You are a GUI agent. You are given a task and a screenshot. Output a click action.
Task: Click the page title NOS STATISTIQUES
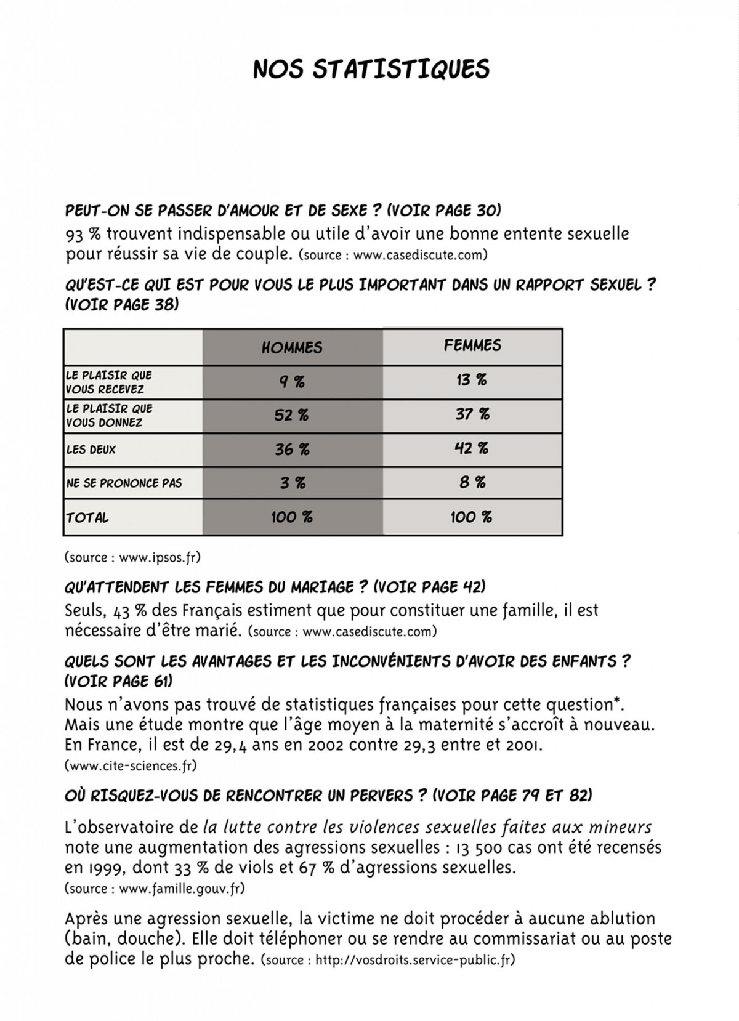click(x=371, y=69)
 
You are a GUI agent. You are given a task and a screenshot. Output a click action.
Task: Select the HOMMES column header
click(x=292, y=347)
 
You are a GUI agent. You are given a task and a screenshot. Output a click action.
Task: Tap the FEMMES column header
click(x=472, y=345)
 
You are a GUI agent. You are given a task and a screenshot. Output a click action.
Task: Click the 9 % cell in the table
click(x=292, y=382)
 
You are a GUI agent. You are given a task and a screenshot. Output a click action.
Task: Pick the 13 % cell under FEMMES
click(x=472, y=380)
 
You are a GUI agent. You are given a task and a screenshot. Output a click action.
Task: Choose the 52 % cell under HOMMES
click(x=291, y=416)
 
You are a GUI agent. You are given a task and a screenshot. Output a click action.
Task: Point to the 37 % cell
click(x=472, y=414)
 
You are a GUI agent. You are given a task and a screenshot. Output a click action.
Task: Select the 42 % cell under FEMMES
click(x=472, y=448)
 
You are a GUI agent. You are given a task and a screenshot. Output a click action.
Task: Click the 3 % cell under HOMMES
click(x=293, y=483)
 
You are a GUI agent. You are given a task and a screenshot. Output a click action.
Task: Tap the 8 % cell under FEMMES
click(x=472, y=482)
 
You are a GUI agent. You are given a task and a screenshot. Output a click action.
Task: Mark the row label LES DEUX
click(x=91, y=450)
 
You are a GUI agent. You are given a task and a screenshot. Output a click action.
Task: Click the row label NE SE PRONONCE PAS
click(x=124, y=483)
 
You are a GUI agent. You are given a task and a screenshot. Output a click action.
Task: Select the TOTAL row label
click(x=87, y=518)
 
